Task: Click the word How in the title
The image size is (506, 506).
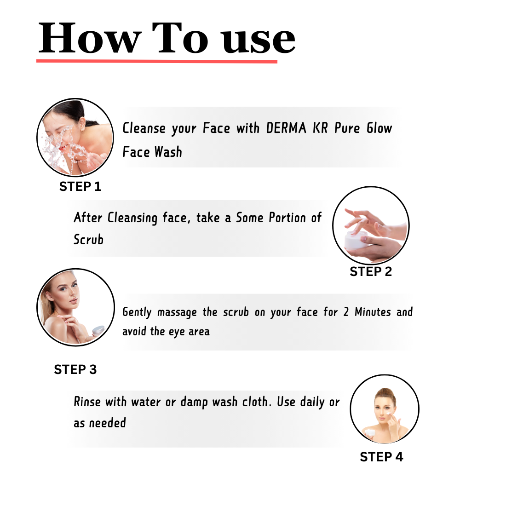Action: pos(90,38)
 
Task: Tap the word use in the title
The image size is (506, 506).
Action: pos(259,40)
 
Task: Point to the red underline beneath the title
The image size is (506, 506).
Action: pos(157,61)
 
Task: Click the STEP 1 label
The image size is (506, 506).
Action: pos(80,186)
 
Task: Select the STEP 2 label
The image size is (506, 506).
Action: pos(371,272)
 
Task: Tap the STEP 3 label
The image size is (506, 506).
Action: pos(75,369)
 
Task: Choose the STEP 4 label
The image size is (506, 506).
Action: pos(381,457)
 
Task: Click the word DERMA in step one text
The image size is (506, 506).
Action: pos(286,128)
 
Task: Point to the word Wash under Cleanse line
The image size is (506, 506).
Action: pos(168,152)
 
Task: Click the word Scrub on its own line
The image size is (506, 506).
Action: pos(88,240)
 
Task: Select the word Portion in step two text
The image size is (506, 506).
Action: pos(287,218)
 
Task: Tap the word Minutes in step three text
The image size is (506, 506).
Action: pos(373,312)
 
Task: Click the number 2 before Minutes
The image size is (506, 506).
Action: pos(346,312)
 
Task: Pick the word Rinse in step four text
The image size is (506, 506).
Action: pos(87,402)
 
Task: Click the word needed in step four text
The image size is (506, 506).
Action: pos(108,423)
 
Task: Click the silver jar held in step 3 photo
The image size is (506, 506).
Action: pos(98,331)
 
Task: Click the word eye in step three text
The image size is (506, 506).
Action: pos(176,332)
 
